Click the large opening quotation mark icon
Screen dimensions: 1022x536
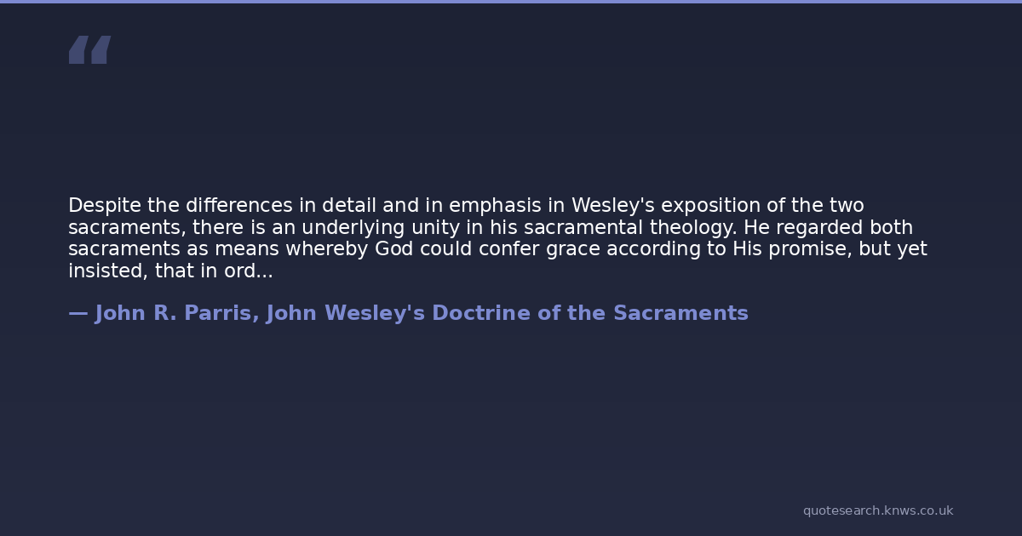[90, 49]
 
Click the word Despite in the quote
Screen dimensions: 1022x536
[105, 206]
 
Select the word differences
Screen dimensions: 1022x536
[239, 205]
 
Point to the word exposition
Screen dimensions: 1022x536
[710, 206]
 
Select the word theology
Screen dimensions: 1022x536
[693, 228]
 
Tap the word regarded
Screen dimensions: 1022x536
[819, 228]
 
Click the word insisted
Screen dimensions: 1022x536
[108, 271]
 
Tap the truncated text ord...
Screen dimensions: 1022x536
[249, 271]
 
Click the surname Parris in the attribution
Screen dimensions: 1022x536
[221, 314]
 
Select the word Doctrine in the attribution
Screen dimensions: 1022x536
[481, 313]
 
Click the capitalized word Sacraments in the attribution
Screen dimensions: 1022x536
[680, 313]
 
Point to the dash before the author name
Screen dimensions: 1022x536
[78, 314]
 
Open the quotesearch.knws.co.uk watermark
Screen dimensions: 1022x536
[878, 510]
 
